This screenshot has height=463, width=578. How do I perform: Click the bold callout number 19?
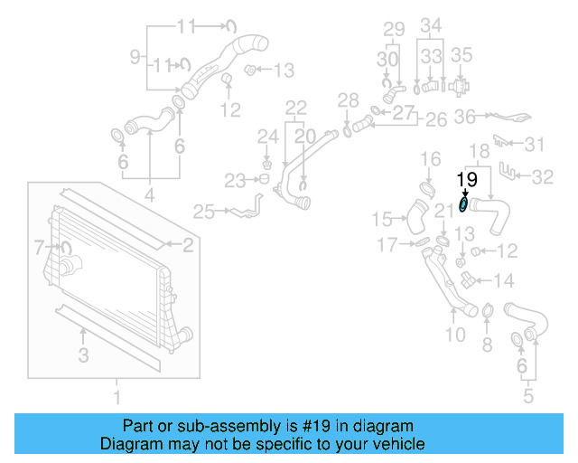coord(467,179)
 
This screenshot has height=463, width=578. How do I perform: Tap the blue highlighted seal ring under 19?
coord(464,205)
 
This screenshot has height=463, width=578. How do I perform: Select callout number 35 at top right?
coord(461,55)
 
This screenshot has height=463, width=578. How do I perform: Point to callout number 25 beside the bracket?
coord(204,213)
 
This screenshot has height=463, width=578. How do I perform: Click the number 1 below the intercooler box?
coord(116,395)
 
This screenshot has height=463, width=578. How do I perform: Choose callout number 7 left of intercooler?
coord(39,246)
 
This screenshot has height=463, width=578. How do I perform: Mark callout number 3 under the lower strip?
coord(83,356)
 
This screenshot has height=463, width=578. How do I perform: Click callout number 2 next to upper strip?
coord(188,244)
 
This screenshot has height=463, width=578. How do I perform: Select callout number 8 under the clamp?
coord(487,344)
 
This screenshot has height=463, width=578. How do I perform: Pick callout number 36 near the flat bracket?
coord(464,117)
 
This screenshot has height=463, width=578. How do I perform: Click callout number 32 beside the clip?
coord(542,177)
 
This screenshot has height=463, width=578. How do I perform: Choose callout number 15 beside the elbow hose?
coord(384,219)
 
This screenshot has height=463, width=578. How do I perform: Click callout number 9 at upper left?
coord(135,57)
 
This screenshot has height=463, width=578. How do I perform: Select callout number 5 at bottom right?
coord(529,395)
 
